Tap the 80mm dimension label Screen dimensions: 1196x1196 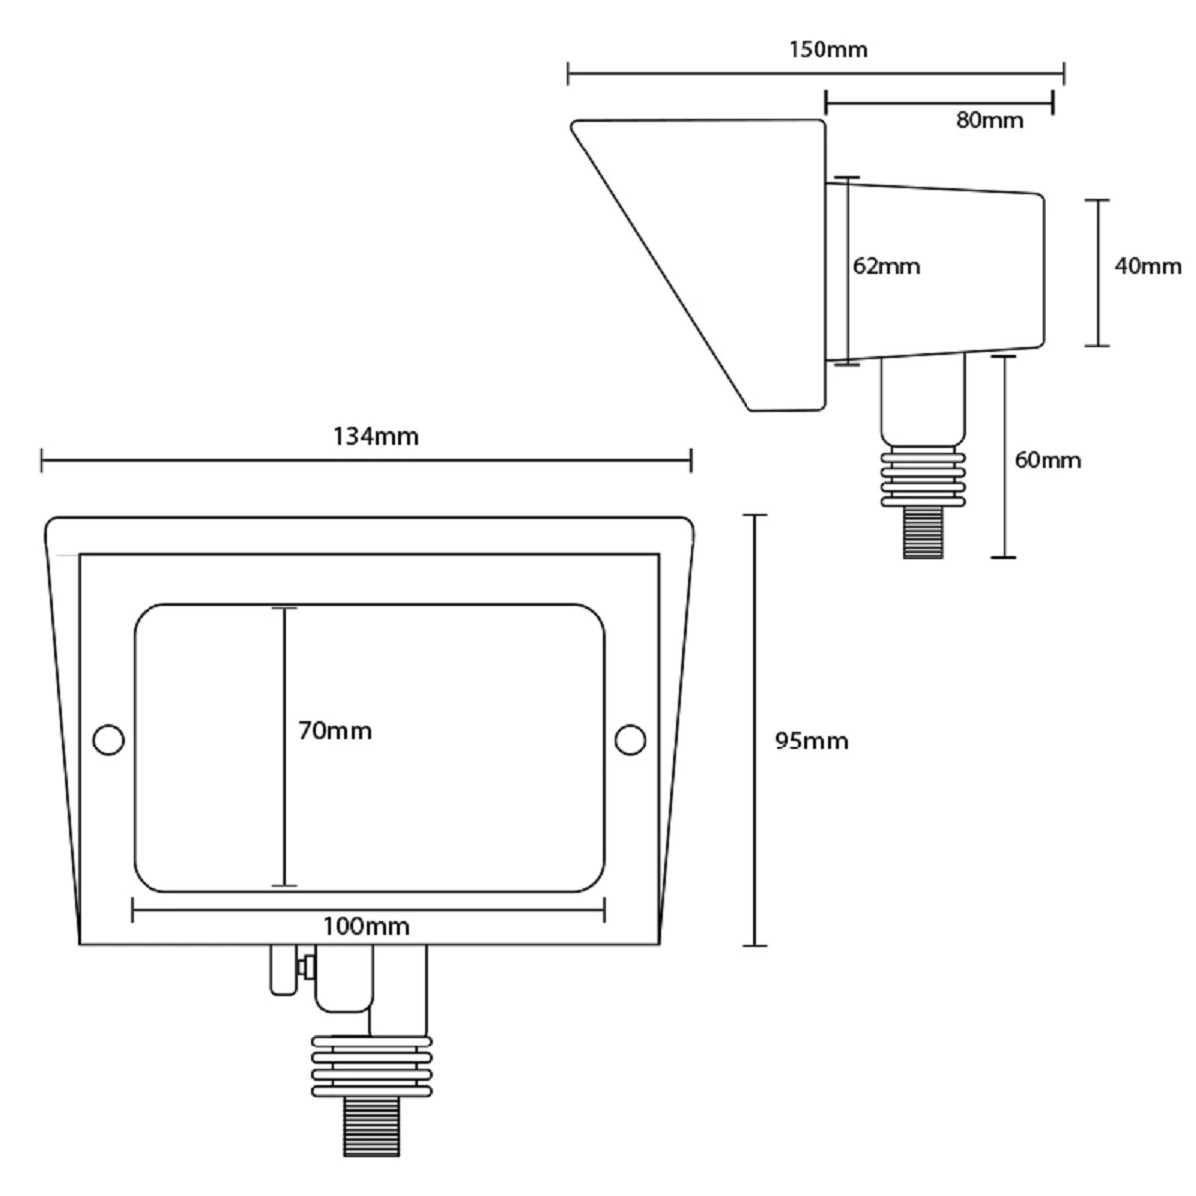pyautogui.click(x=989, y=120)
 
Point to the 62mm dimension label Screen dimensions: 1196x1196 pyautogui.click(x=887, y=266)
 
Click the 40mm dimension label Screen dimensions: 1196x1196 pyautogui.click(x=1148, y=266)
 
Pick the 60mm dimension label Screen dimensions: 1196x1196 pyautogui.click(x=1047, y=460)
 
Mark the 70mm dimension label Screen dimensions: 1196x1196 pyautogui.click(x=335, y=731)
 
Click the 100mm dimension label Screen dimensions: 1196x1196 pyautogui.click(x=366, y=926)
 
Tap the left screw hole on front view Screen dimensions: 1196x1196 pyautogui.click(x=107, y=740)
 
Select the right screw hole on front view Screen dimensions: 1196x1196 pyautogui.click(x=630, y=740)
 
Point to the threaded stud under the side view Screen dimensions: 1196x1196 pyautogui.click(x=923, y=531)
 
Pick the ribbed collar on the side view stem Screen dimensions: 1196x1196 pyautogui.click(x=923, y=479)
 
